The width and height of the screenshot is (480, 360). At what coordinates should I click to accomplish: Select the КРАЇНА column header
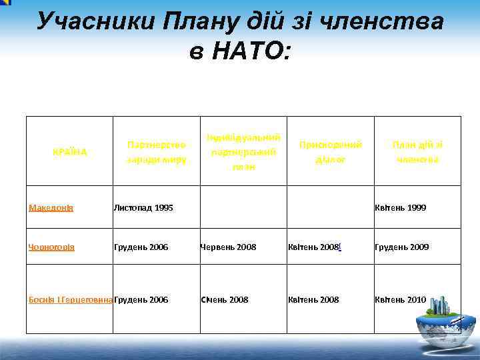(69, 151)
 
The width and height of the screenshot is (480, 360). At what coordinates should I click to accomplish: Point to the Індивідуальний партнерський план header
(243, 152)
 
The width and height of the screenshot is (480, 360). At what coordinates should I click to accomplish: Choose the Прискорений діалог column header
(331, 152)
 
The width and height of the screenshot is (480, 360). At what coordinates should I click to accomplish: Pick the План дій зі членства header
(417, 152)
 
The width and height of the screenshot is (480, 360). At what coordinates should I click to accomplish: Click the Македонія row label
(51, 208)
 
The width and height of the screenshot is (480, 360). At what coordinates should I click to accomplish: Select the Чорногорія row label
(52, 247)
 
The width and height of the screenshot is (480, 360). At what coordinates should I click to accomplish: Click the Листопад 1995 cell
(143, 208)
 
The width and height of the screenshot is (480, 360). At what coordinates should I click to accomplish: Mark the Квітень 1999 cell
(400, 208)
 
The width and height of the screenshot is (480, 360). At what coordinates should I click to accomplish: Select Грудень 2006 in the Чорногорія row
(141, 247)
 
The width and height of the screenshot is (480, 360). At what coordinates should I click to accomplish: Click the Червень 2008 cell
(228, 247)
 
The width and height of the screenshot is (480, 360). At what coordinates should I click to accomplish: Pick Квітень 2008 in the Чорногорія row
(313, 247)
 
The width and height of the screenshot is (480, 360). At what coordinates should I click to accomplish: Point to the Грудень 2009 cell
(401, 247)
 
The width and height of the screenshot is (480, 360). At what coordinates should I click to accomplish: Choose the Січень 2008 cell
(225, 300)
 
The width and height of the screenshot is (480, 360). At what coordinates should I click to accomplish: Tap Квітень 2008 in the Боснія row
(313, 300)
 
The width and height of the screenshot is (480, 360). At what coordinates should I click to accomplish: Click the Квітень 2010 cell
(400, 300)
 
